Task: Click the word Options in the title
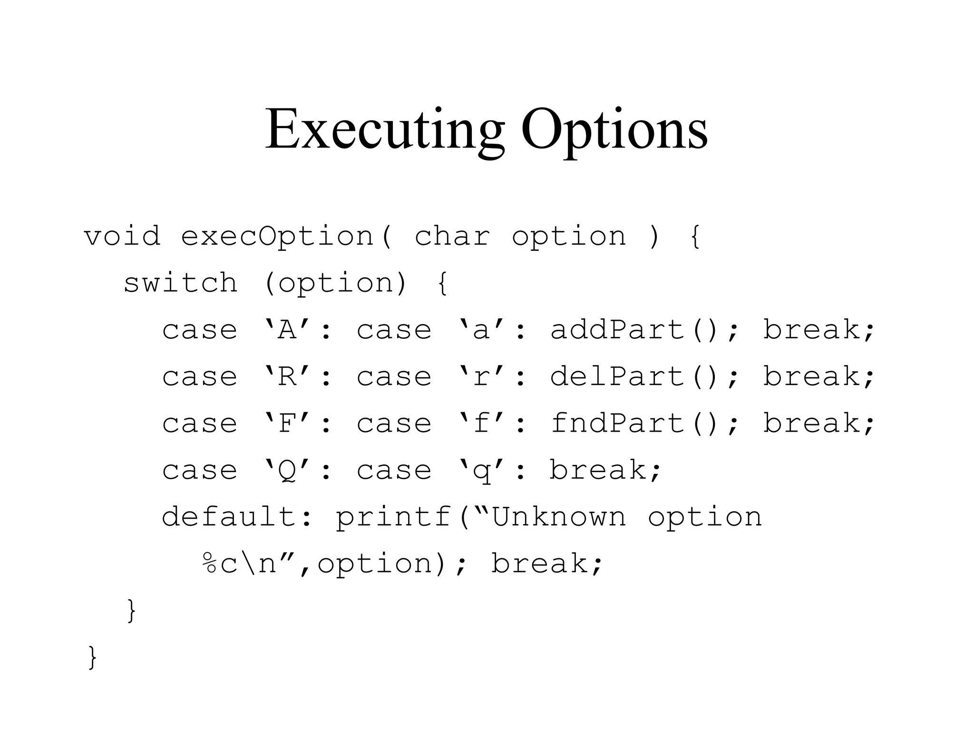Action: (614, 129)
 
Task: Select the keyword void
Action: (122, 236)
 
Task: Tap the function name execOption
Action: (277, 237)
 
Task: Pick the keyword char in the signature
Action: (452, 236)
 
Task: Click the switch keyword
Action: (180, 283)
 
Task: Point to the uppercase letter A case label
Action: (287, 329)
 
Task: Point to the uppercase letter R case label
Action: (287, 376)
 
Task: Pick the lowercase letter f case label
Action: (481, 423)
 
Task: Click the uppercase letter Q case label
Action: (287, 470)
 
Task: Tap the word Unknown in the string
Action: (559, 516)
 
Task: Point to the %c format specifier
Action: (219, 563)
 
